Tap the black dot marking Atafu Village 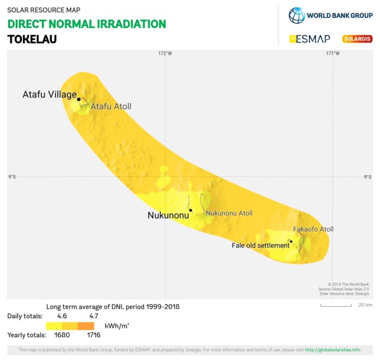[x=79, y=100]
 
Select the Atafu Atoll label [x=111, y=106]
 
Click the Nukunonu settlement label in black [x=168, y=215]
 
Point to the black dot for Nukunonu [x=190, y=210]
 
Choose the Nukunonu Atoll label [x=229, y=213]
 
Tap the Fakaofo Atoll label [x=313, y=229]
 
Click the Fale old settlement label [x=260, y=245]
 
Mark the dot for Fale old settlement [x=291, y=241]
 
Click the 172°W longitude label [x=165, y=53]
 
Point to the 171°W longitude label [x=332, y=53]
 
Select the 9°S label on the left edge [x=12, y=177]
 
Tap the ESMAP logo [x=310, y=39]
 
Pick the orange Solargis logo [x=357, y=39]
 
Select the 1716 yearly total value [x=94, y=335]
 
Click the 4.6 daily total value [x=61, y=315]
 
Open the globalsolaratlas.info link [x=332, y=350]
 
